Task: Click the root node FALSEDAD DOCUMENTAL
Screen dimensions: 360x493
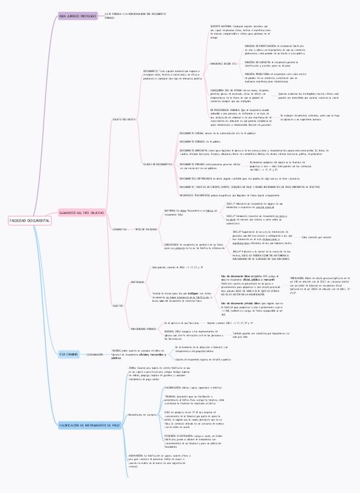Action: click(x=30, y=221)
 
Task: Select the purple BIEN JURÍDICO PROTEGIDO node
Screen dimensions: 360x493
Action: click(x=78, y=16)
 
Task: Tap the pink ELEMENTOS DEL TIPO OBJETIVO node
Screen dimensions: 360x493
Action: click(x=82, y=213)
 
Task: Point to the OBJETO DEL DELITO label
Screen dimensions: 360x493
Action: click(x=124, y=119)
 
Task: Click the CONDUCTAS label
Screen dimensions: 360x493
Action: click(x=119, y=229)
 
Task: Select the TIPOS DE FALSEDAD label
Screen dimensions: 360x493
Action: click(x=146, y=229)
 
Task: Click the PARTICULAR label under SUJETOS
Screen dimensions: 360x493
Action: click(x=138, y=281)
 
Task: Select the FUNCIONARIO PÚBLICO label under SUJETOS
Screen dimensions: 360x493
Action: click(x=142, y=329)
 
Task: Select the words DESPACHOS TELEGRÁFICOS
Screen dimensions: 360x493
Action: click(x=191, y=195)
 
